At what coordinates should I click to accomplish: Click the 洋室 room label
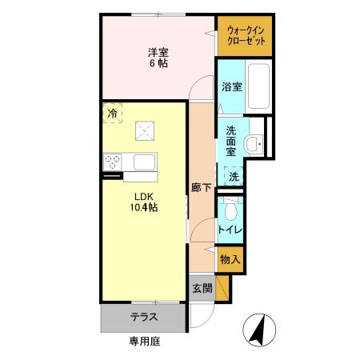point(157,53)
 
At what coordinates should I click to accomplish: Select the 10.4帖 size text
point(145,207)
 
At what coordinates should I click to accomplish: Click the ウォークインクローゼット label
point(245,36)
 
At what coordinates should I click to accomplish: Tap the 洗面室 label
point(230,140)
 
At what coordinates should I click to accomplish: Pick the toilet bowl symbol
point(231,210)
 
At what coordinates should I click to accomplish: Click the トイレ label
point(230,230)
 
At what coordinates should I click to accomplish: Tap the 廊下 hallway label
point(201,189)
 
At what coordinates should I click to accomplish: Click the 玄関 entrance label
point(202,288)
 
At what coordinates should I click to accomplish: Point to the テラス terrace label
point(144,317)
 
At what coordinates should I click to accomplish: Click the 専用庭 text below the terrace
point(145,342)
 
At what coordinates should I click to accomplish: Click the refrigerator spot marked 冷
point(112,114)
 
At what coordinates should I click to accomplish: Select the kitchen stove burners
point(111,162)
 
